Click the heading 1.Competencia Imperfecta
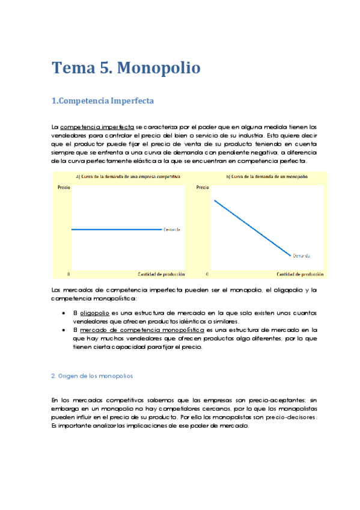[x=103, y=101]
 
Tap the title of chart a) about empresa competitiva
[x=128, y=177]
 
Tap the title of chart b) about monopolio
[x=267, y=177]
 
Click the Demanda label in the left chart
[x=172, y=230]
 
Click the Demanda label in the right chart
[x=302, y=256]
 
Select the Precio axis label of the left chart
[x=64, y=188]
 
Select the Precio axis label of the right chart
[x=203, y=188]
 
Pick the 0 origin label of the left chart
[x=69, y=274]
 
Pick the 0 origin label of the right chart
[x=207, y=274]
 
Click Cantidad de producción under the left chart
[x=161, y=274]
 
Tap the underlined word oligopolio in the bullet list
[x=94, y=313]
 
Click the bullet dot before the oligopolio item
[x=64, y=313]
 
